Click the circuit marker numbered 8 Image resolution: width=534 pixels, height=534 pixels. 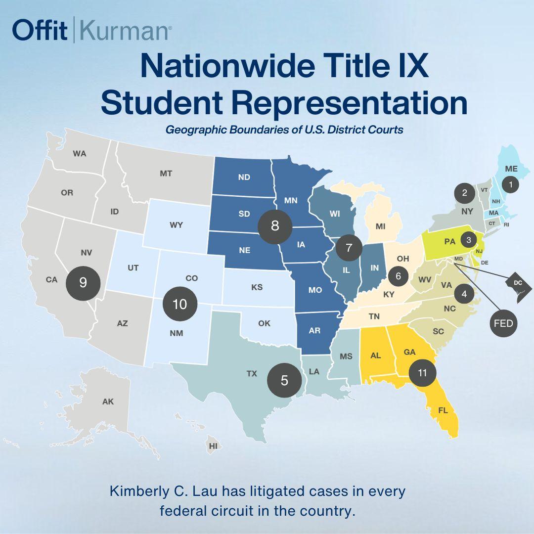point(275,225)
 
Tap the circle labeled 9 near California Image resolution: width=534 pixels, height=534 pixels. point(83,282)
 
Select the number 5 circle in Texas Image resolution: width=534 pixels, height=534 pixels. point(284,380)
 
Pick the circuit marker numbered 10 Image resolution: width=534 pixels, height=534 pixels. point(180,304)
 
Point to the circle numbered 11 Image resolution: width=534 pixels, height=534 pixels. point(422,373)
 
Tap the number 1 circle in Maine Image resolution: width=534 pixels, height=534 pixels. point(511,184)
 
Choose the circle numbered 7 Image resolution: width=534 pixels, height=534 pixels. point(349,248)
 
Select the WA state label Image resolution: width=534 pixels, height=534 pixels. point(80,153)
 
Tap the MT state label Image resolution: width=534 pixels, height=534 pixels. point(166,174)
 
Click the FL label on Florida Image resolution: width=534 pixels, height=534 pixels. point(443,410)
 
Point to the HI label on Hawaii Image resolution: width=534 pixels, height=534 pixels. point(213,445)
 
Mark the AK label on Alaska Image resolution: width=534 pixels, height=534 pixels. point(108,401)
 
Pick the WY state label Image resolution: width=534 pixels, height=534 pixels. point(176,225)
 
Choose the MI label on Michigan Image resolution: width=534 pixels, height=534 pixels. point(380,226)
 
